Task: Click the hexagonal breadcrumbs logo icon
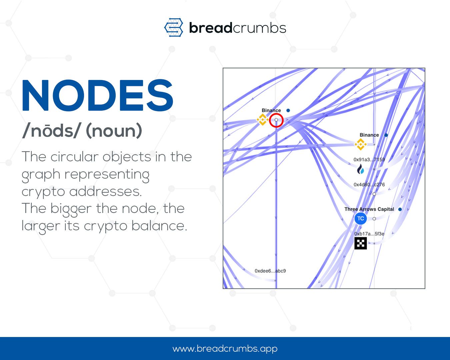[174, 27]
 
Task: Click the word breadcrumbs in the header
[237, 28]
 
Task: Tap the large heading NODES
[97, 96]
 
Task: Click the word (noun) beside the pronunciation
[114, 131]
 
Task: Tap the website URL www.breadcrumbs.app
[225, 349]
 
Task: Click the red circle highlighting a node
[276, 120]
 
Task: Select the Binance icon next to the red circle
[262, 119]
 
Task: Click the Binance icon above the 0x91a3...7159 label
[360, 144]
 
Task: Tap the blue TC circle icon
[360, 219]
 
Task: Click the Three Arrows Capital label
[369, 209]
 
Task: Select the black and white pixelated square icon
[360, 243]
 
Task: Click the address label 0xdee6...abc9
[270, 271]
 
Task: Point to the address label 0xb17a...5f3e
[369, 234]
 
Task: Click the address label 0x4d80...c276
[369, 185]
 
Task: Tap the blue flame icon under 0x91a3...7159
[360, 169]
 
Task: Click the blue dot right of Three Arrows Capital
[400, 209]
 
